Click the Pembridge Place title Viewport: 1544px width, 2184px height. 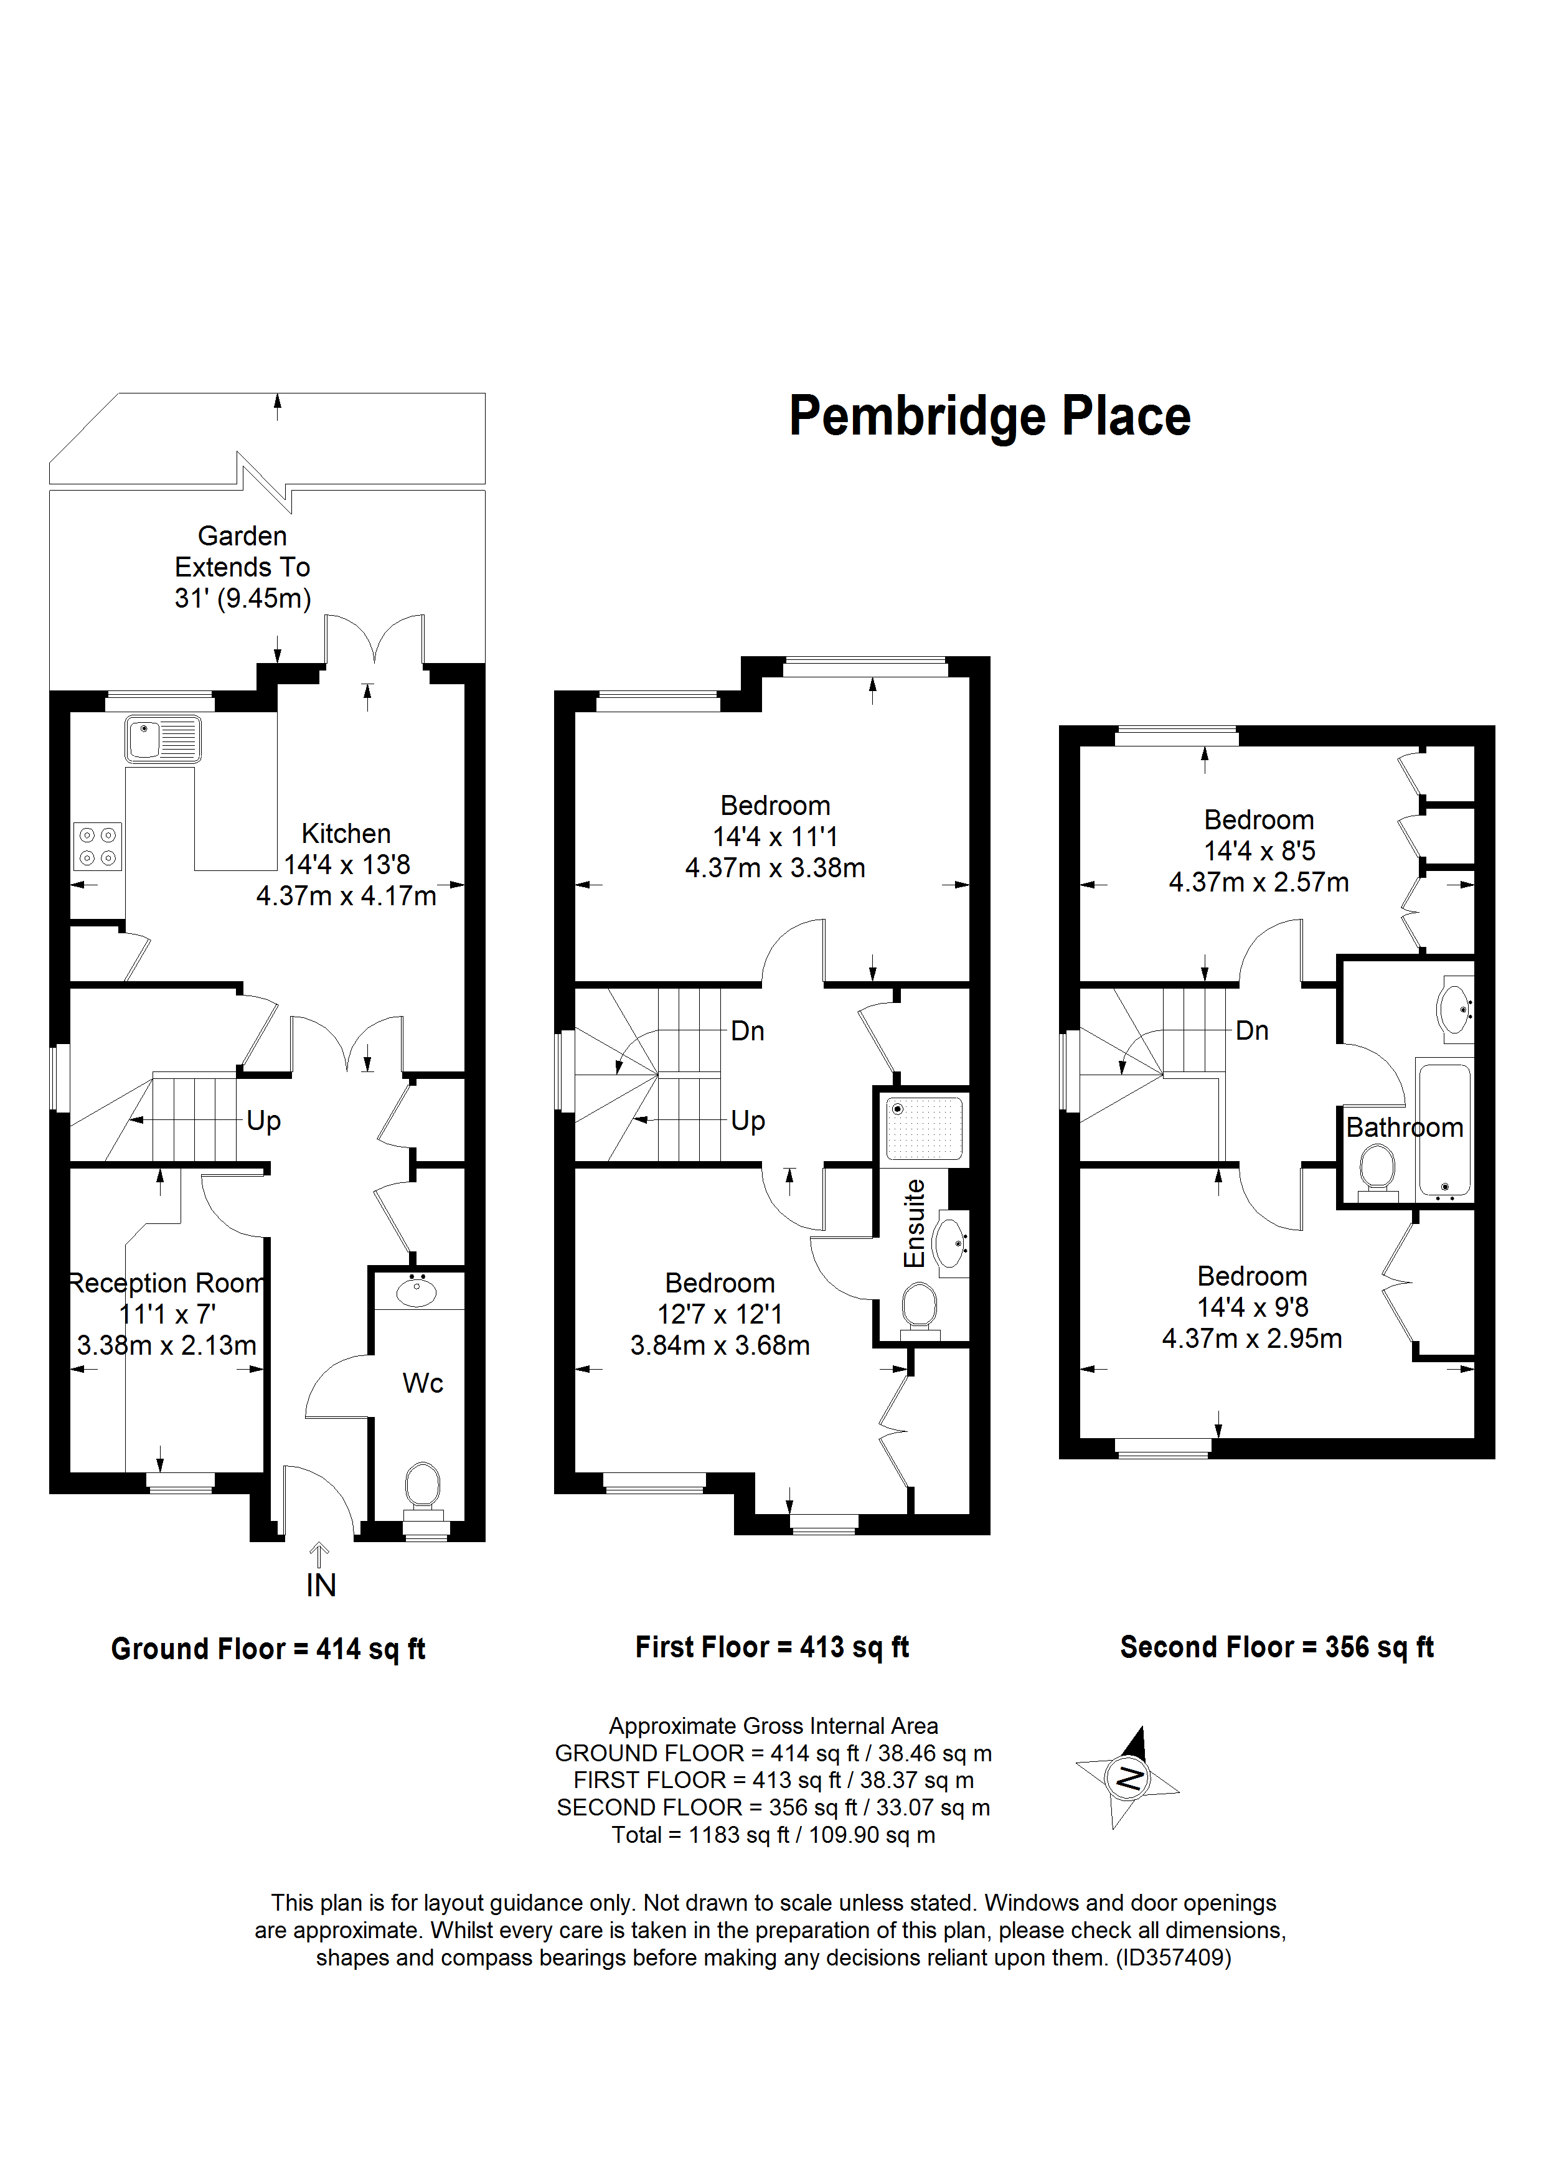click(x=989, y=417)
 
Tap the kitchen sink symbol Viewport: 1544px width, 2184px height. click(x=162, y=739)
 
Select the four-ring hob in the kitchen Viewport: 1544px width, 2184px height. click(x=97, y=845)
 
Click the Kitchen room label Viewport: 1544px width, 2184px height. click(x=346, y=833)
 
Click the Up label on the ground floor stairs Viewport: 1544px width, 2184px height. click(x=263, y=1121)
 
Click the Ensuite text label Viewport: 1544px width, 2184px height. click(x=914, y=1223)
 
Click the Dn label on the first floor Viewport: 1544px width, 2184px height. click(x=748, y=1031)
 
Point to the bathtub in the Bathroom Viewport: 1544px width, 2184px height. click(x=1445, y=1132)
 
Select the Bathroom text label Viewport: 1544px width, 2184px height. click(x=1404, y=1127)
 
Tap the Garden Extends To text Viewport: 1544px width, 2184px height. click(x=243, y=567)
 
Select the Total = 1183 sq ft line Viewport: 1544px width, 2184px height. click(x=773, y=1835)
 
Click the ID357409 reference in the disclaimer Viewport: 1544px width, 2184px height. click(x=1174, y=1957)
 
